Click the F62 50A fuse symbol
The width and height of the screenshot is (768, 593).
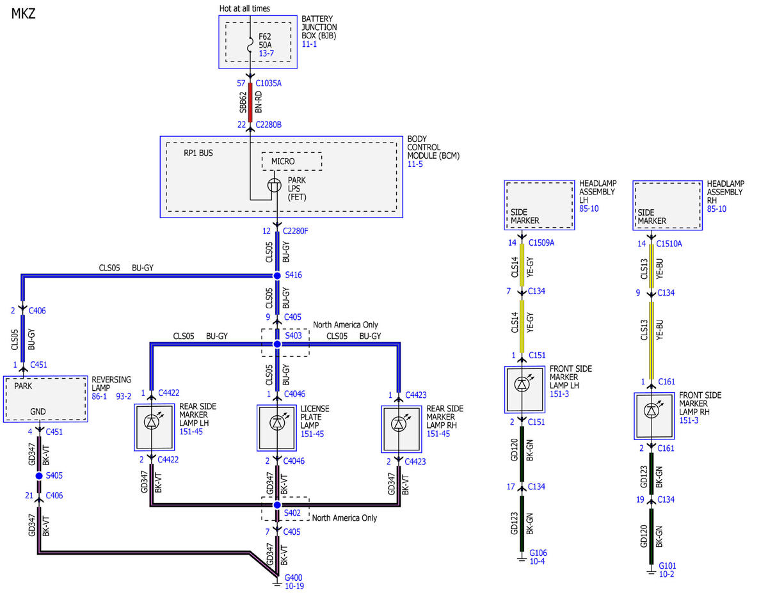[x=250, y=45]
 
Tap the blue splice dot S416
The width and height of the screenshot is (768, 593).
[x=277, y=276]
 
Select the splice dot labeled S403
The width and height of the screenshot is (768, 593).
[x=277, y=344]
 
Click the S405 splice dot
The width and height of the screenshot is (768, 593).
[x=39, y=476]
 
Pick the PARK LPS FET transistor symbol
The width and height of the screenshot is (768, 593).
[x=275, y=186]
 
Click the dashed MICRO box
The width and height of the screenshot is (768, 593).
[x=292, y=161]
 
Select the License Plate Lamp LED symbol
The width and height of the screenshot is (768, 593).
[x=276, y=423]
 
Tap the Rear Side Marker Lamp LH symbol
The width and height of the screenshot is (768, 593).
[x=152, y=422]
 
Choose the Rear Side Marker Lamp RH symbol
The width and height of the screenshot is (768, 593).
[x=399, y=424]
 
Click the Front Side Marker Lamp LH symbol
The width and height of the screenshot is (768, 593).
[x=522, y=384]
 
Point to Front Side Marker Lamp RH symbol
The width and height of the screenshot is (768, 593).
[x=652, y=411]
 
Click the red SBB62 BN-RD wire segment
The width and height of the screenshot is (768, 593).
[x=250, y=102]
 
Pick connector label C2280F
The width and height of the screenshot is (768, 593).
[x=296, y=231]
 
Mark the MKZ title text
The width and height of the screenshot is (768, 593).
[x=23, y=14]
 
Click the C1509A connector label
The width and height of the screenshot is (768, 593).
[x=541, y=242]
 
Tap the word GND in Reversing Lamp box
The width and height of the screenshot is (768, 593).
[x=38, y=411]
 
